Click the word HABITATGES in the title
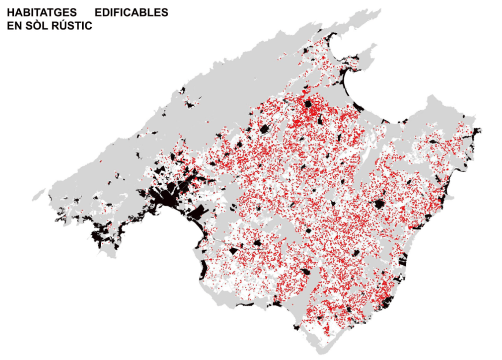[34, 13]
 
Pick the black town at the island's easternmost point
[477, 132]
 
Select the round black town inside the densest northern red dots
[308, 105]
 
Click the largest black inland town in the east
[379, 204]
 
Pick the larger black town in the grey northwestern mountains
[174, 157]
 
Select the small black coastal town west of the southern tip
[298, 327]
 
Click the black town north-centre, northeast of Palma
[265, 129]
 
